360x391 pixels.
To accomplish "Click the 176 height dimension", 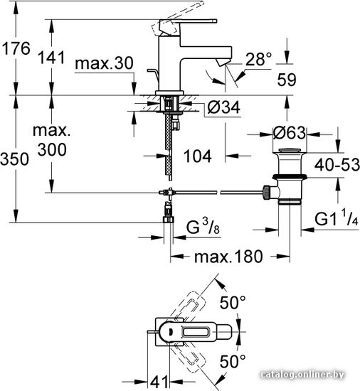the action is (16, 48).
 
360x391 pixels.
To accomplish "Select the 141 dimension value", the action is (51, 58).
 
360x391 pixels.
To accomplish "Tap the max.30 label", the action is (105, 63).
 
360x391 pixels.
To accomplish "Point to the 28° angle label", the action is (258, 59).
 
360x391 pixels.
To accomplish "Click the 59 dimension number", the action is (287, 80).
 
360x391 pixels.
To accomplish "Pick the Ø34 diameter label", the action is (224, 107).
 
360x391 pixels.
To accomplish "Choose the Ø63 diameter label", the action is (289, 133).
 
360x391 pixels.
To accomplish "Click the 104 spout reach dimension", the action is (197, 156).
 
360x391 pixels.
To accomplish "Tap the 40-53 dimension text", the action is (337, 165).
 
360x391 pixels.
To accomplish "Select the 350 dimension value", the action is (14, 159).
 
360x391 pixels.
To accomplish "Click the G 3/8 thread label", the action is (203, 226).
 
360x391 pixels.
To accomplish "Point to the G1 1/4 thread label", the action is (337, 218).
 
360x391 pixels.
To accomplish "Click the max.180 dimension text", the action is (228, 257).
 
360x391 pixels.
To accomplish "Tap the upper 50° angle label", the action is (233, 302).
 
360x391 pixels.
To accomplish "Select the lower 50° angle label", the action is (233, 361).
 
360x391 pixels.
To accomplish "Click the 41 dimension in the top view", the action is (159, 382).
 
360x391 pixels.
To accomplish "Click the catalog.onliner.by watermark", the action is (302, 375).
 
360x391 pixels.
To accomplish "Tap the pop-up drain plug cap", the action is (290, 151).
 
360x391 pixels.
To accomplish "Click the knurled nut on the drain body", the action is (267, 192).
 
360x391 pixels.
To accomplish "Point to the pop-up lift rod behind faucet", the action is (154, 75).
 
